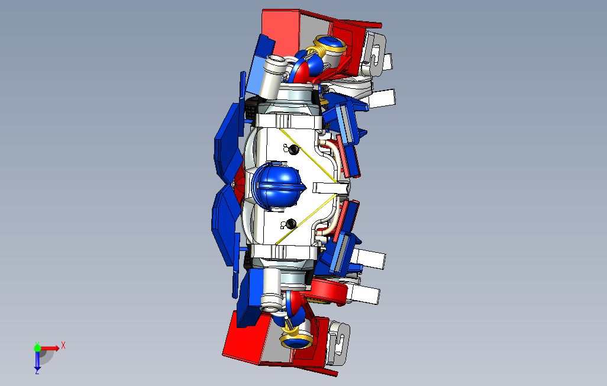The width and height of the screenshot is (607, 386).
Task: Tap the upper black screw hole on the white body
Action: pyautogui.click(x=294, y=149)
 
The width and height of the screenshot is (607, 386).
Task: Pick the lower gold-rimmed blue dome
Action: pyautogui.click(x=296, y=341)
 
